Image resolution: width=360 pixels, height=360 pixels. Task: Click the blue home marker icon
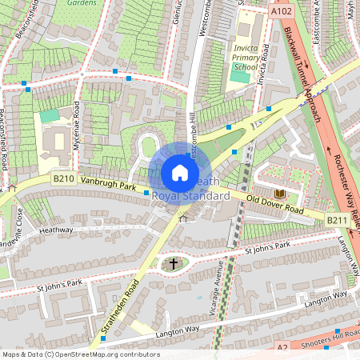point(180,173)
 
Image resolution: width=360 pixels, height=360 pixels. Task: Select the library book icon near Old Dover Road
point(279,194)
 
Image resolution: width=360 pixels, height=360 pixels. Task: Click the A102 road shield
point(281,12)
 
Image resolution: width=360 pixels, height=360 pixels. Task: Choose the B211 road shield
point(337,218)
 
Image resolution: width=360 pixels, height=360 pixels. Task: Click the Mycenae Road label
point(77,128)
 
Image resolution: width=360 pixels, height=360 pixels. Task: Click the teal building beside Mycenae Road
point(50,116)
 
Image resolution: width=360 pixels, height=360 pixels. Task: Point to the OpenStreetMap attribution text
point(80,354)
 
